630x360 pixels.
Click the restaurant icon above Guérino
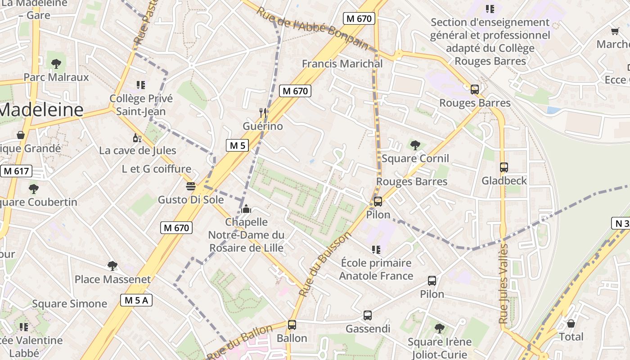263,112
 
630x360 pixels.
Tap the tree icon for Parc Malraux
56,63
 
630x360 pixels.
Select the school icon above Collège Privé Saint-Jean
140,85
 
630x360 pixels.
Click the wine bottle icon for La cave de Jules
137,137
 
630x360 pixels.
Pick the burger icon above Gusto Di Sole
191,186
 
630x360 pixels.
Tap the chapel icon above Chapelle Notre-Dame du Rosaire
246,209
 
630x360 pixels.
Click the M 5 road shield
237,145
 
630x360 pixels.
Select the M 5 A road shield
136,300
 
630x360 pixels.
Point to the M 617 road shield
16,171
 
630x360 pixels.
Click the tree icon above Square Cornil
415,145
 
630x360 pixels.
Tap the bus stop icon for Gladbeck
504,167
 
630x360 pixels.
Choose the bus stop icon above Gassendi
368,315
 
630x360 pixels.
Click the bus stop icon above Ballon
292,324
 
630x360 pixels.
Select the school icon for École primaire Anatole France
376,249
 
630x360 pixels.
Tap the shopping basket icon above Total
571,324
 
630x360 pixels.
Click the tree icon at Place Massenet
112,266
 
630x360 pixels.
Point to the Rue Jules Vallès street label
504,283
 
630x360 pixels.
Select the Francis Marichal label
342,63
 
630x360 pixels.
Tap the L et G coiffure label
157,169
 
